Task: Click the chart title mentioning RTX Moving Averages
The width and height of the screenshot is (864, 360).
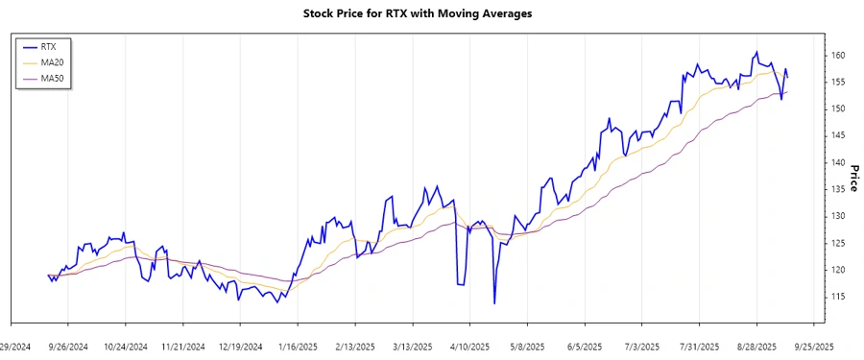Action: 430,14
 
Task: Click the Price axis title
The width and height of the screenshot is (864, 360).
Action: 853,178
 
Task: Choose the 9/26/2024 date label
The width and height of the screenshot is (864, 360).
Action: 69,346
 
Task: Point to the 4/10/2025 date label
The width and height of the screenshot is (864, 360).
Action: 469,346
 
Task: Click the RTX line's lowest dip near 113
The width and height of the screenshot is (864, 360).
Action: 494,303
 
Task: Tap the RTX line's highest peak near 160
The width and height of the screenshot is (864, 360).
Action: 757,52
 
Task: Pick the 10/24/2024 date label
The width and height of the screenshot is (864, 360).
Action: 126,346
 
